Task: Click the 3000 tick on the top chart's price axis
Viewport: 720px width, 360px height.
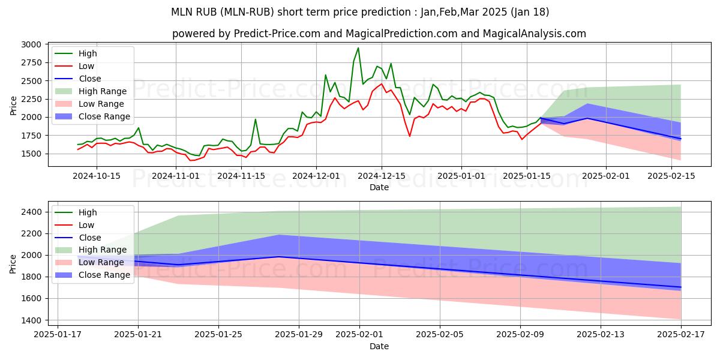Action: tap(32, 44)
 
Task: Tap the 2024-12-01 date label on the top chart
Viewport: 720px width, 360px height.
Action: tap(316, 176)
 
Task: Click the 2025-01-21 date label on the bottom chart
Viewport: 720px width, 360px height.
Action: tap(138, 334)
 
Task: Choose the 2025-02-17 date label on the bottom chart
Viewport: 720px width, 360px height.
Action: tap(681, 334)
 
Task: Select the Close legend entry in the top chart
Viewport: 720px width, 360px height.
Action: tap(90, 79)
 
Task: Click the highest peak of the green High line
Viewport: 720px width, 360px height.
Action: tap(358, 48)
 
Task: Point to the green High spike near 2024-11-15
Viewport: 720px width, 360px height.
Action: tap(255, 119)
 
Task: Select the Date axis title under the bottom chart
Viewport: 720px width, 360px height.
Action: tap(379, 346)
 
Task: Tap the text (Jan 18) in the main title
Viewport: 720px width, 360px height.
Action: tap(528, 12)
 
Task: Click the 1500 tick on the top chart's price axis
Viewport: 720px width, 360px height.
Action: tap(32, 154)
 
